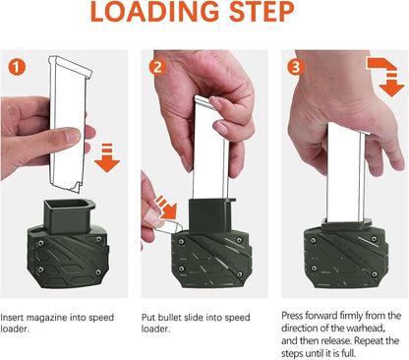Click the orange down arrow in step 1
point(107,154)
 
